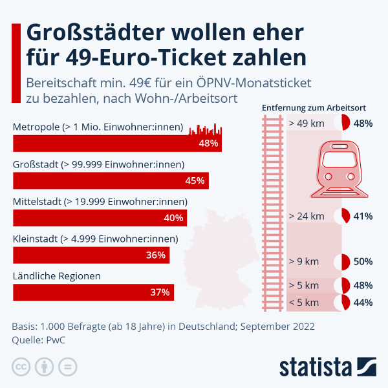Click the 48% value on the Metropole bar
tap(208, 144)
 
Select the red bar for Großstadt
tap(110, 180)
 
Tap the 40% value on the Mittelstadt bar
tap(174, 218)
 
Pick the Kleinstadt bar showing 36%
tap(91, 255)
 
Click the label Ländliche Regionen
tap(57, 276)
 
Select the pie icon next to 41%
tap(341, 216)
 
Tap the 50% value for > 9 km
tap(363, 262)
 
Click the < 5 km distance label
tap(304, 301)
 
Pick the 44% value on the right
tap(363, 301)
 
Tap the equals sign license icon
tap(67, 367)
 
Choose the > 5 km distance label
tap(304, 285)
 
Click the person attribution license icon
tap(45, 367)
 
